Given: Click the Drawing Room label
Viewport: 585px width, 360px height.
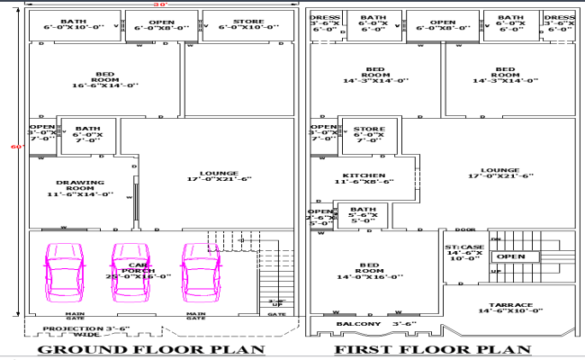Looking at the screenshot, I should click(81, 188).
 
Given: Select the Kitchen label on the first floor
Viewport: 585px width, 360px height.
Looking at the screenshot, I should click(363, 179).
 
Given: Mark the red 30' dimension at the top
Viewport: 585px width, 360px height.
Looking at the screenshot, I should click(161, 4).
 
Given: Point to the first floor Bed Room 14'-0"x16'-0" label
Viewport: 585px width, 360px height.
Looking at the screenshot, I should click(369, 270).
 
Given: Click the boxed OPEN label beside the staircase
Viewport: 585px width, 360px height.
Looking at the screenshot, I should click(510, 256).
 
